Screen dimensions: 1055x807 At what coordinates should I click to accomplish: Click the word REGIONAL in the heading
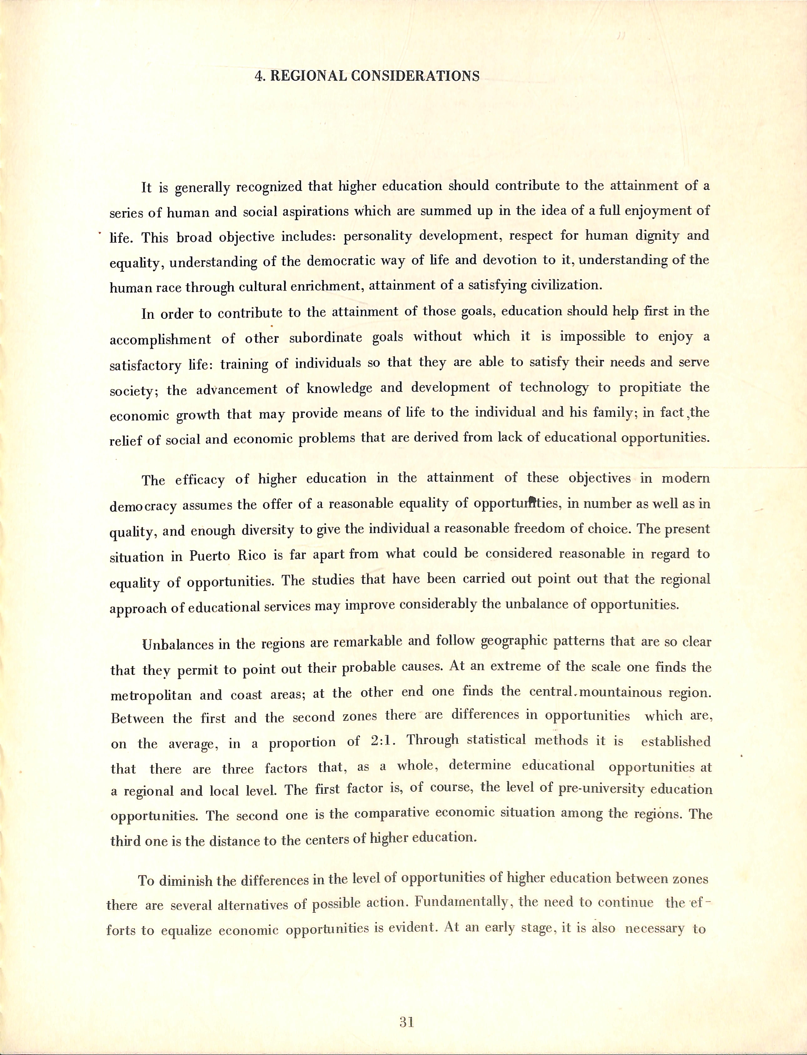tap(308, 76)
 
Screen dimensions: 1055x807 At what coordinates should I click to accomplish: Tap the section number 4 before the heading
tap(259, 76)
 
